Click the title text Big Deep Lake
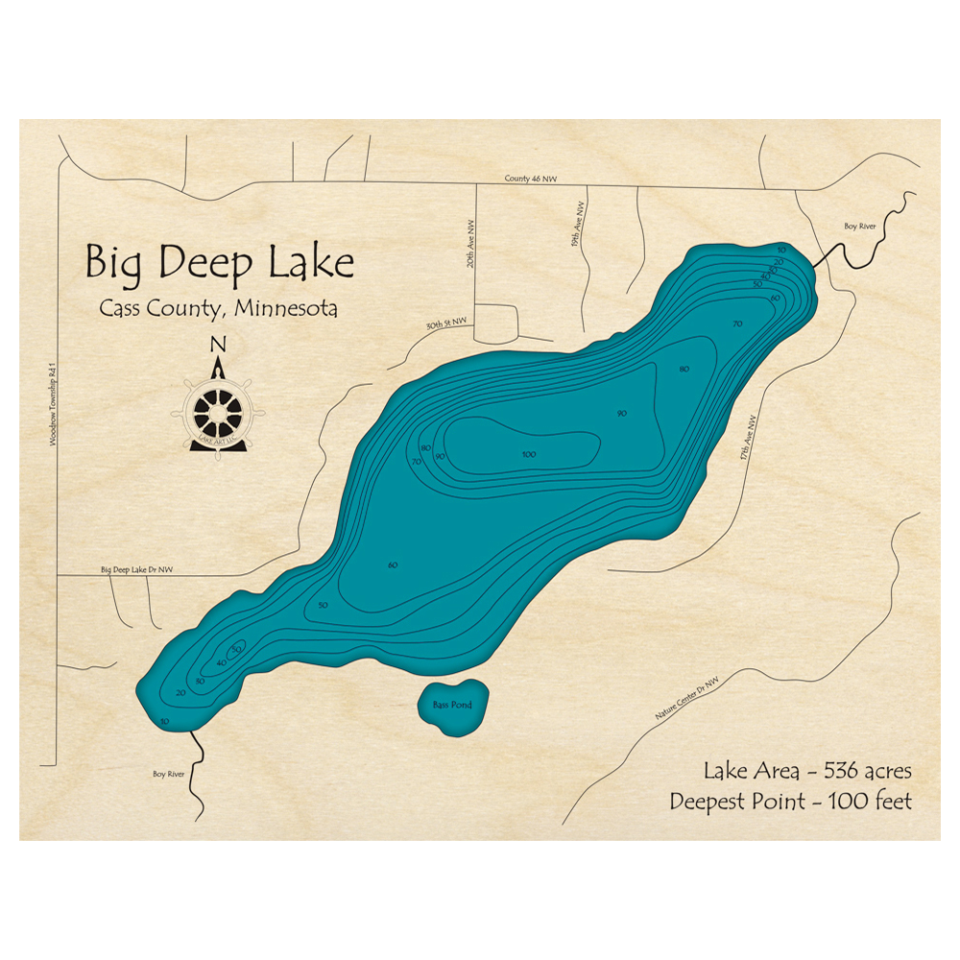(219, 262)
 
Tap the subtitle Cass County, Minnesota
(218, 310)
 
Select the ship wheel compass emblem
(219, 413)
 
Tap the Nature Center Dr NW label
(686, 697)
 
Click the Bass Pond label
(452, 706)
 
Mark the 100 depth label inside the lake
(528, 454)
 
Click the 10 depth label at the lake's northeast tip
(782, 250)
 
